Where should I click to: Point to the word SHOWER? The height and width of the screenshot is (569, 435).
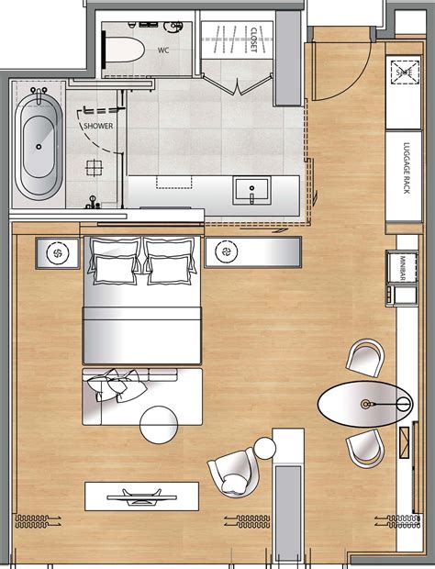tap(98, 126)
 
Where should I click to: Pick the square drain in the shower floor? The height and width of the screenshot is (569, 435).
tap(93, 167)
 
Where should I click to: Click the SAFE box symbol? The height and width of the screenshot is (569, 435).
tap(402, 70)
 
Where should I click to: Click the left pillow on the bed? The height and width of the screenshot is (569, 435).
tap(113, 268)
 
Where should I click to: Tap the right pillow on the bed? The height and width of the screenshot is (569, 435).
tap(168, 268)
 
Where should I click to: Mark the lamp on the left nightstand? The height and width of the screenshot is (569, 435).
tap(57, 251)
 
